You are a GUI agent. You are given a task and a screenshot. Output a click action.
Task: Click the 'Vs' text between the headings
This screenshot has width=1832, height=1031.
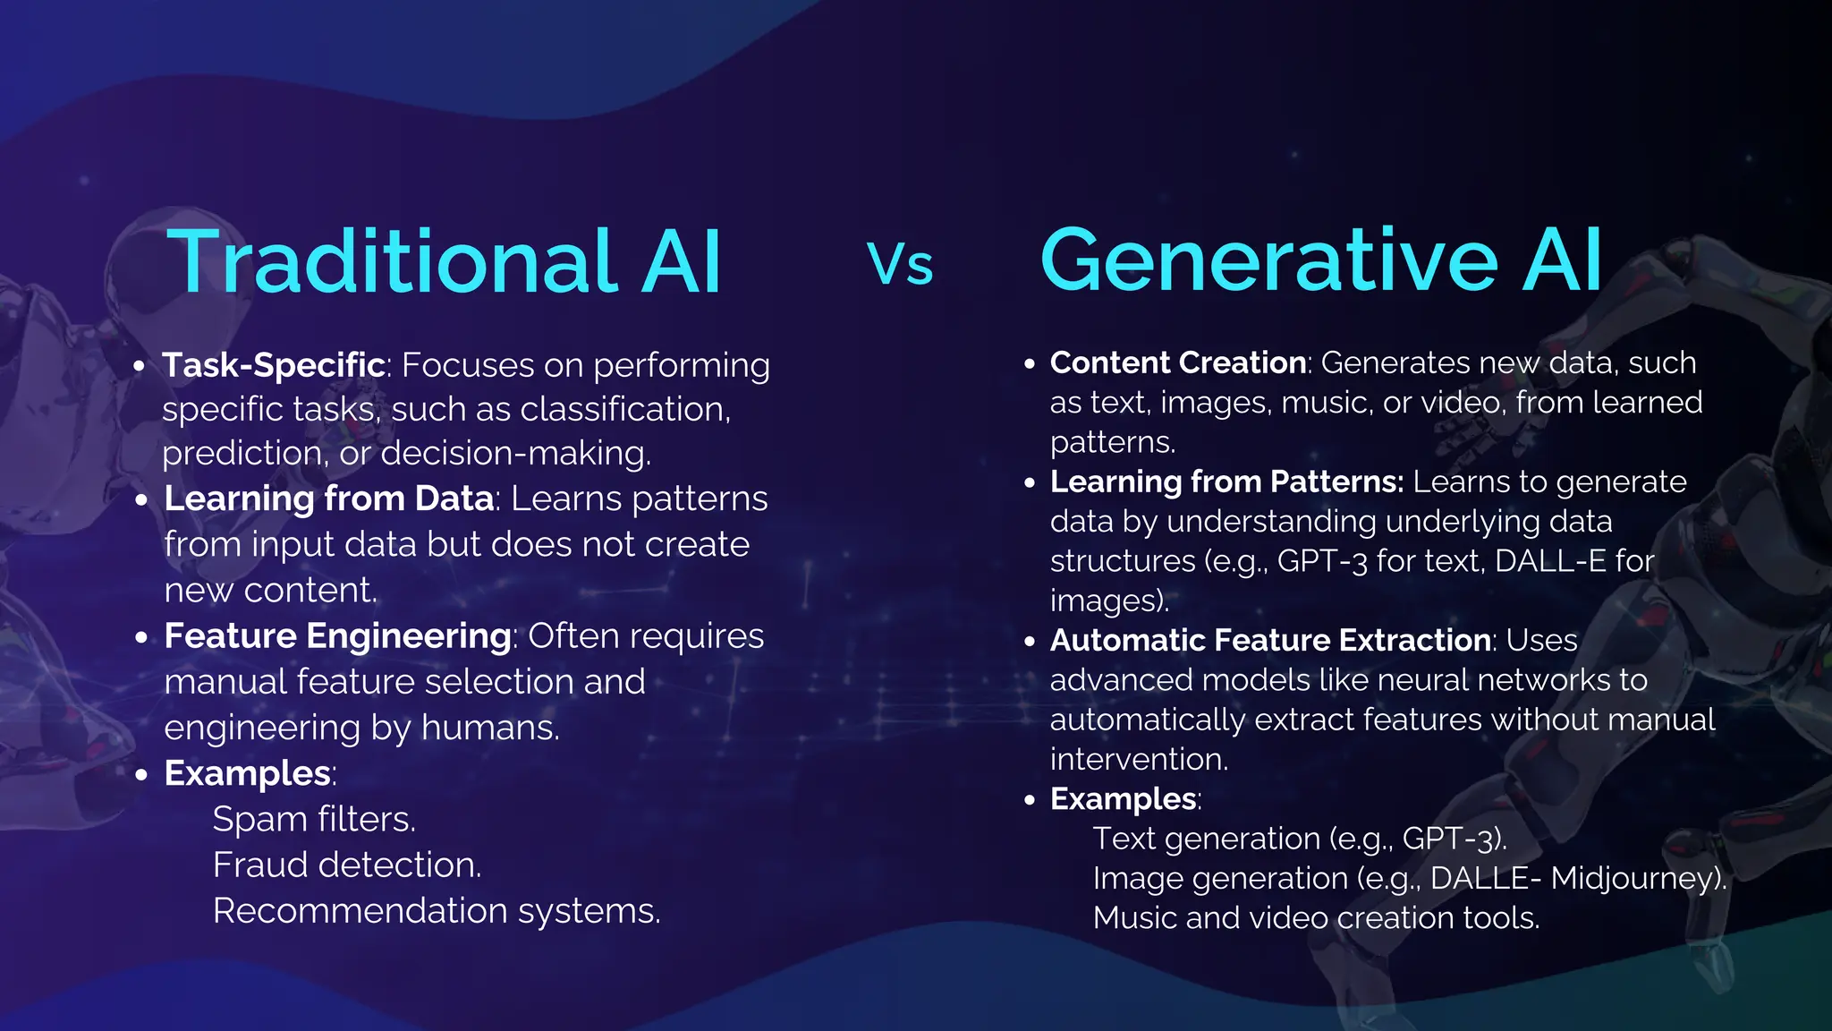(900, 266)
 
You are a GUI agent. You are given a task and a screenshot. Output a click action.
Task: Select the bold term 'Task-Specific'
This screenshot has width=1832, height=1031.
(274, 365)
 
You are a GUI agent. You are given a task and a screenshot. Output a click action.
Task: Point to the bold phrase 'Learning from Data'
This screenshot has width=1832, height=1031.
(328, 498)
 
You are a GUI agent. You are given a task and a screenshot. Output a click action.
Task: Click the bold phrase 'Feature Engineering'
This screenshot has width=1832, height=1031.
(337, 636)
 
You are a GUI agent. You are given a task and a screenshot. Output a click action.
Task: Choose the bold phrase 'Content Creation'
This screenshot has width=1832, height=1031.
(1178, 362)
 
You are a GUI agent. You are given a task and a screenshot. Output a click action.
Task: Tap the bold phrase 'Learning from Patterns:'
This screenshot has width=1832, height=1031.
(1226, 481)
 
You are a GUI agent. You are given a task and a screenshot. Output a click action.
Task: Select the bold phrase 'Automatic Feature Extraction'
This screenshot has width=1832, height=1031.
(1270, 640)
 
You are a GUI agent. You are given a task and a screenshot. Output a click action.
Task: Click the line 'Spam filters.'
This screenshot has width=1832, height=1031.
(314, 819)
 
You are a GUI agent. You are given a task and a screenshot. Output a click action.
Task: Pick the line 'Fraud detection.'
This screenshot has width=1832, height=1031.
(347, 865)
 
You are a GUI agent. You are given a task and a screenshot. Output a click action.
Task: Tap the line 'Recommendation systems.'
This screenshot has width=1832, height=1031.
(437, 911)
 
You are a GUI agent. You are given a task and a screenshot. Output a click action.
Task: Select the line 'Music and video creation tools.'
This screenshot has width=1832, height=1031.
(1316, 917)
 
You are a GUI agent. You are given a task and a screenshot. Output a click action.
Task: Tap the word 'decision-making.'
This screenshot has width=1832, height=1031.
(516, 453)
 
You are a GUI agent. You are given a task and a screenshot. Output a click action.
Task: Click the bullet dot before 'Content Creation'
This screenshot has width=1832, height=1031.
(1030, 363)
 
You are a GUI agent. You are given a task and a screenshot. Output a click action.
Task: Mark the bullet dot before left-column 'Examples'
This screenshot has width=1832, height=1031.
(141, 774)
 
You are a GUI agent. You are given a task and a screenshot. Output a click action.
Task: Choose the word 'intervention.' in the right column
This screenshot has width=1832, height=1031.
(1139, 759)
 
